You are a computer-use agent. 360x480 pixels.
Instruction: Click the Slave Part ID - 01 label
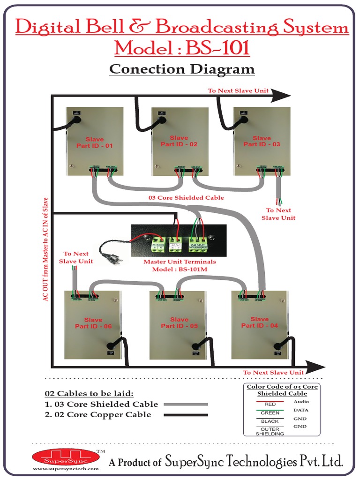(95, 142)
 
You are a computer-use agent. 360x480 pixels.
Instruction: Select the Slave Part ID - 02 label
(179, 141)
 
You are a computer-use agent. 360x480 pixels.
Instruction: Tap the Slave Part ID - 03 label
(262, 141)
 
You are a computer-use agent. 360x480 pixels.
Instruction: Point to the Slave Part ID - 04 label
(259, 322)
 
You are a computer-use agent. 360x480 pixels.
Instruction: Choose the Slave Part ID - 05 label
(179, 322)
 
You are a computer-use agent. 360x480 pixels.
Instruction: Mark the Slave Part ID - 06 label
(93, 323)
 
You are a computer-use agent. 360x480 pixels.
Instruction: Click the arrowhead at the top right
(281, 96)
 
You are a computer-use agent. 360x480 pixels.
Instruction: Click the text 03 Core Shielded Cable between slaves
(186, 198)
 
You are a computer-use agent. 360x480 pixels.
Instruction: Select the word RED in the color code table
(270, 404)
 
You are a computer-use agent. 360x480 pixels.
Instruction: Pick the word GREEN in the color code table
(270, 413)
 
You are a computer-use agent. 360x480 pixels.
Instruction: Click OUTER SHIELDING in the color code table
(270, 431)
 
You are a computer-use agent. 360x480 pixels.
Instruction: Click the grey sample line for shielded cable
(186, 404)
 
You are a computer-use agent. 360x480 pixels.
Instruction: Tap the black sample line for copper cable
(186, 415)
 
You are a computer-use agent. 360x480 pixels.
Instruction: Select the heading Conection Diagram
(182, 69)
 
